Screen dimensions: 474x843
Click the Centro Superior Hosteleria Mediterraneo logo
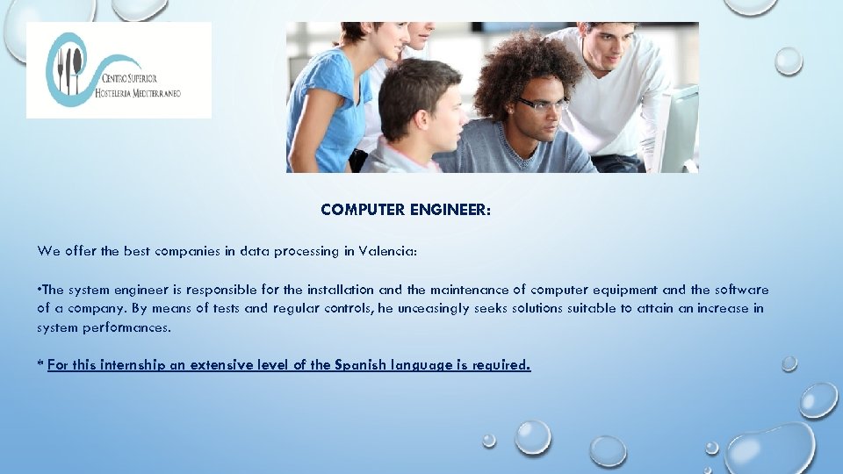pos(119,70)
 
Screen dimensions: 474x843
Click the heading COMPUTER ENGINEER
pos(407,210)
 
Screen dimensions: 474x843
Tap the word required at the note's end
pos(502,365)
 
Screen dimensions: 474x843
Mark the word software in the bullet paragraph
pos(742,290)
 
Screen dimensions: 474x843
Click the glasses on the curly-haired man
pos(542,104)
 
